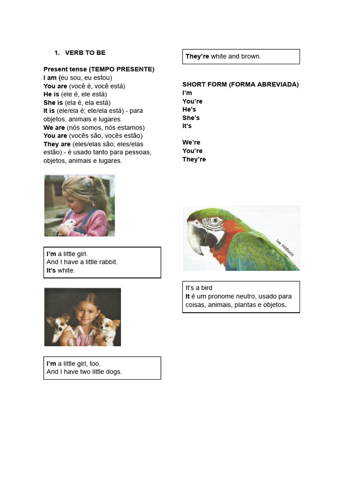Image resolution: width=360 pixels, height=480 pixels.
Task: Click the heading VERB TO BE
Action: click(85, 52)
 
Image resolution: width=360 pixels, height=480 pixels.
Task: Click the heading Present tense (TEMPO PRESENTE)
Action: click(99, 69)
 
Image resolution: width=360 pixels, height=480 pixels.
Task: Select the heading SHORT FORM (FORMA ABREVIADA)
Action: click(240, 84)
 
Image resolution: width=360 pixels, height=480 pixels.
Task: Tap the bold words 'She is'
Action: click(53, 103)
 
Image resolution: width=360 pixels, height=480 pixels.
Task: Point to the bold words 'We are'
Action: click(54, 127)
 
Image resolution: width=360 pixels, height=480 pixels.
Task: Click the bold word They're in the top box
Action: click(197, 56)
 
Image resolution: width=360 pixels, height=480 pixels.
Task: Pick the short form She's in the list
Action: click(191, 118)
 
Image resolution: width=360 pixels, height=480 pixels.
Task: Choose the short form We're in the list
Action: click(191, 142)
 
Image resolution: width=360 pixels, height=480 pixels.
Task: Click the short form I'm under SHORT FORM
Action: click(187, 93)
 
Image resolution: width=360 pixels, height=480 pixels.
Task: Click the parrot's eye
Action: click(215, 220)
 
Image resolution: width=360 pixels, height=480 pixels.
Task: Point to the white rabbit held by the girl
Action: click(69, 225)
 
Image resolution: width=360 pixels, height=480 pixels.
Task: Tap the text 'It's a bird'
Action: click(199, 288)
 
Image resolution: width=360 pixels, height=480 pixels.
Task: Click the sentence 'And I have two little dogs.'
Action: click(84, 372)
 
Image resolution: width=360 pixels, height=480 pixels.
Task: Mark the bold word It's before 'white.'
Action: click(51, 270)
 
